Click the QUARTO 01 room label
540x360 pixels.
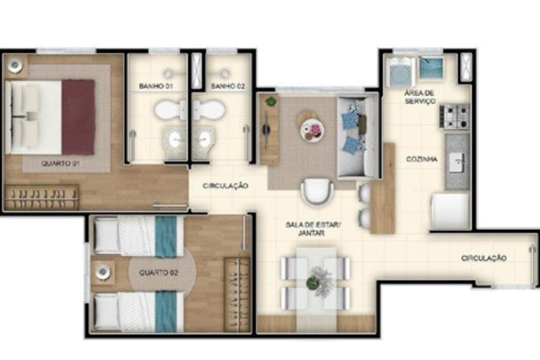60,164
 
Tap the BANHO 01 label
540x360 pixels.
155,86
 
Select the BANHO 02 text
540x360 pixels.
227,86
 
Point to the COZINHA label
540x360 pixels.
422,159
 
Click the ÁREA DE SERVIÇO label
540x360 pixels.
420,97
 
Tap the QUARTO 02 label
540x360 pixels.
158,273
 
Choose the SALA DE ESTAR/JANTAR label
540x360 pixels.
313,229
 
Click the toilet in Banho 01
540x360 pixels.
170,110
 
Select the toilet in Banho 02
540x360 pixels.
209,110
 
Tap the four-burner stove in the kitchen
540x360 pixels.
455,117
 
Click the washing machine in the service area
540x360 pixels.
401,73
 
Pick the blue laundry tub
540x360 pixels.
431,68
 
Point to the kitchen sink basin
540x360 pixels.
457,163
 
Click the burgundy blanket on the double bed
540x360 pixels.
78,117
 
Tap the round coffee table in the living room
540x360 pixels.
311,130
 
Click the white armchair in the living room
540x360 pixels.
317,191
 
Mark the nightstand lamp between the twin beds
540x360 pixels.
103,273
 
